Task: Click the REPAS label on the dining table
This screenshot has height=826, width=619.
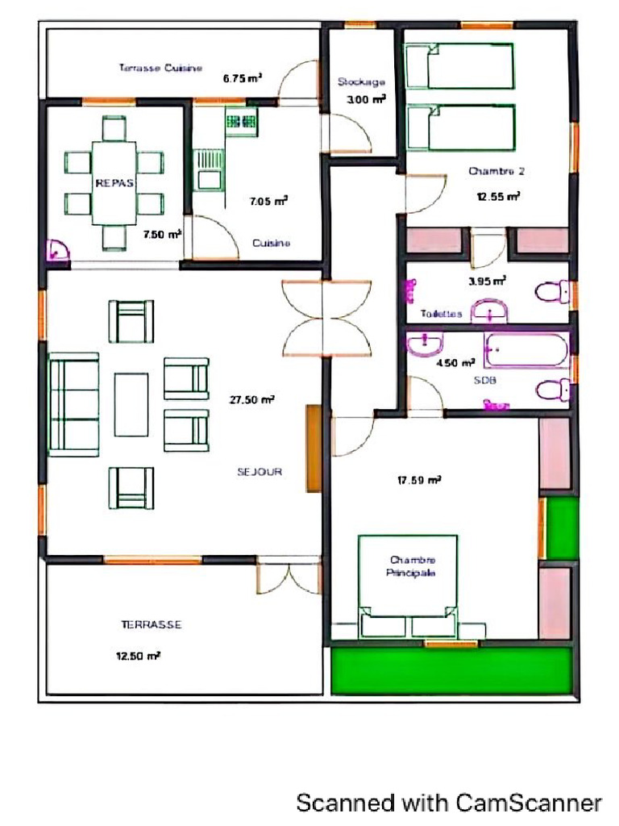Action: [x=114, y=183]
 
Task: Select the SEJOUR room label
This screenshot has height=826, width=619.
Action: [x=260, y=472]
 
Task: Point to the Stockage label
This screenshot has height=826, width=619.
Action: [x=360, y=81]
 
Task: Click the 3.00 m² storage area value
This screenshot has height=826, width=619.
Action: [x=365, y=99]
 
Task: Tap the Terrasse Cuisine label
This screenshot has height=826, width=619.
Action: [x=160, y=68]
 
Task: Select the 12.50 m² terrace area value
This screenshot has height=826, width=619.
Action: [x=138, y=656]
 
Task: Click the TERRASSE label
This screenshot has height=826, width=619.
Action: [x=151, y=624]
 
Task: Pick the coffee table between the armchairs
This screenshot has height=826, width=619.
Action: [x=131, y=403]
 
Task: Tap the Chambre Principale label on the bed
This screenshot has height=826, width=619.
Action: [x=413, y=566]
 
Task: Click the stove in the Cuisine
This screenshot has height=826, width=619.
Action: [x=241, y=122]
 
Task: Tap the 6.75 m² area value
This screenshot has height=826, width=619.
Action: [x=242, y=79]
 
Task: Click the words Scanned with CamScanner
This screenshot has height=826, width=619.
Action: [x=449, y=803]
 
